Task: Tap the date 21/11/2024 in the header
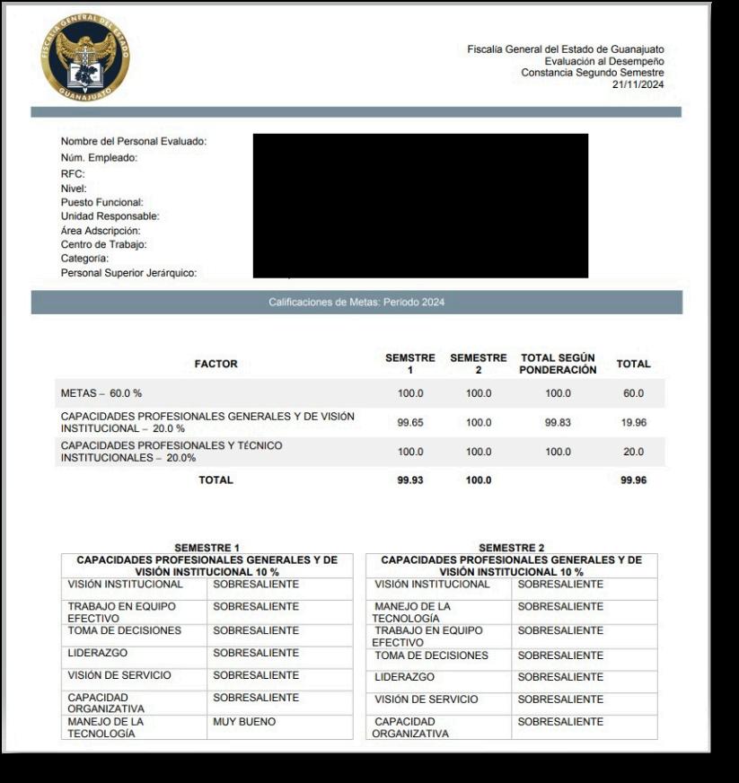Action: [638, 84]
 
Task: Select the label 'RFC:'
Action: [73, 173]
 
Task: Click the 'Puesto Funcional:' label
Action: [101, 203]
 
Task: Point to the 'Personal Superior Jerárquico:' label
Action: [128, 273]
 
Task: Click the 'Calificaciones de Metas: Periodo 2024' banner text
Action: [356, 303]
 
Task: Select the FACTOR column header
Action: [216, 364]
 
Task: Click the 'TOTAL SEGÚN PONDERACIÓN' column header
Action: [558, 364]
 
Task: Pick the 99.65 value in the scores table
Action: [410, 422]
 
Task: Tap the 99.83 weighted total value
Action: [558, 422]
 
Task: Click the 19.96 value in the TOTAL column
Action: [633, 422]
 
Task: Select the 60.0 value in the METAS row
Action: [633, 393]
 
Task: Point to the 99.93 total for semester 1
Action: [410, 480]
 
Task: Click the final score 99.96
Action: [633, 480]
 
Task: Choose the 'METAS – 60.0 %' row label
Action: [101, 393]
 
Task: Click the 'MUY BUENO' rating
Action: [244, 722]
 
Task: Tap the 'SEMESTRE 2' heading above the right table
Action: [511, 548]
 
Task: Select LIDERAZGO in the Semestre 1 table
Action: [98, 654]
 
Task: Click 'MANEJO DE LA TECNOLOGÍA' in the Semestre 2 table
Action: [412, 612]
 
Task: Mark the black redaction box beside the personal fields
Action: [420, 206]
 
